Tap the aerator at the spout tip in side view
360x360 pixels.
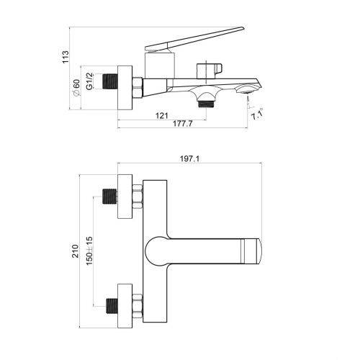point(248,89)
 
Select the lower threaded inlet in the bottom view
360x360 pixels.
point(111,305)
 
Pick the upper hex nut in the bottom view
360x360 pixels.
point(138,196)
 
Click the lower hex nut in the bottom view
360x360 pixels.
point(138,305)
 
